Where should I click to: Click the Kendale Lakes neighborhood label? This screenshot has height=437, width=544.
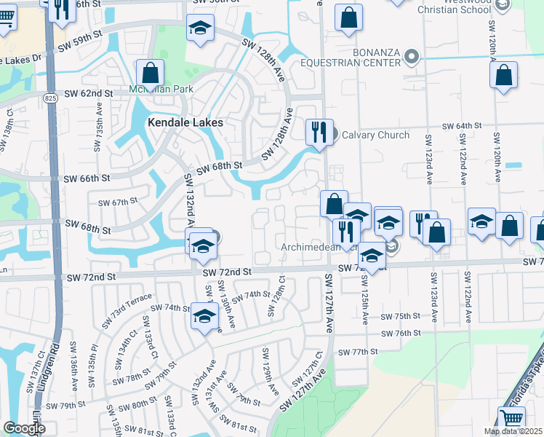[x=185, y=123]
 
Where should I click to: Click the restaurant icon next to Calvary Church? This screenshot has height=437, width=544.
[x=319, y=133]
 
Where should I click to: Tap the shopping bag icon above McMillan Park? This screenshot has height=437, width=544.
[x=150, y=74]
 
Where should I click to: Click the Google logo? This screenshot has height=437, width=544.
[x=24, y=428]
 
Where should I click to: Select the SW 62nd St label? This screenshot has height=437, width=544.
[x=89, y=94]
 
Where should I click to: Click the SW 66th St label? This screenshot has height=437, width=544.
[x=87, y=178]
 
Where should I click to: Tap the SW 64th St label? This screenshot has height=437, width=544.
[x=463, y=126]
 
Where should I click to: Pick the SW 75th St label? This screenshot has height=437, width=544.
[x=401, y=316]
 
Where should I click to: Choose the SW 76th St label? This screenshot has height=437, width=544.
[x=403, y=333]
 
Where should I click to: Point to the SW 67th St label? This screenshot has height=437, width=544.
[x=118, y=202]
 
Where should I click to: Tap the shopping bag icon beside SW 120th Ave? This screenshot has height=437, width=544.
[x=504, y=75]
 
